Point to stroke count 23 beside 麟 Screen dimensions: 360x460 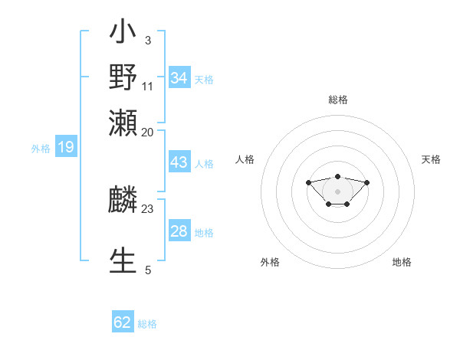(x=148, y=208)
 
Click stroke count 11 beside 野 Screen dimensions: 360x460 (x=148, y=86)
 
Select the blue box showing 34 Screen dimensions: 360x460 (x=179, y=78)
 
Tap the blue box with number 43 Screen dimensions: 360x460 (x=179, y=162)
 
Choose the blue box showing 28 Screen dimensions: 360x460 (x=179, y=231)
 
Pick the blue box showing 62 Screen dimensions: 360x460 (x=123, y=322)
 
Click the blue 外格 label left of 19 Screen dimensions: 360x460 (x=41, y=149)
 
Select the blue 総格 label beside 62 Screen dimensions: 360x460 (x=147, y=324)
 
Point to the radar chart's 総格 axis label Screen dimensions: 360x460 (x=337, y=100)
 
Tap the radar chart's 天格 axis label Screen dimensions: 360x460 (x=431, y=159)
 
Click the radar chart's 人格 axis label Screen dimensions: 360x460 (x=245, y=159)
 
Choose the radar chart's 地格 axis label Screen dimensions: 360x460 (x=402, y=262)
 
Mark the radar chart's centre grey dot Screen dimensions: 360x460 (x=337, y=191)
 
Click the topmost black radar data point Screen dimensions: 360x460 (x=337, y=176)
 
